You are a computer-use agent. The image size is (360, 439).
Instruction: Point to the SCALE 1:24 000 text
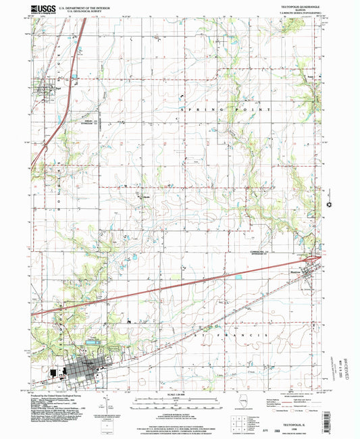click(x=180, y=394)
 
